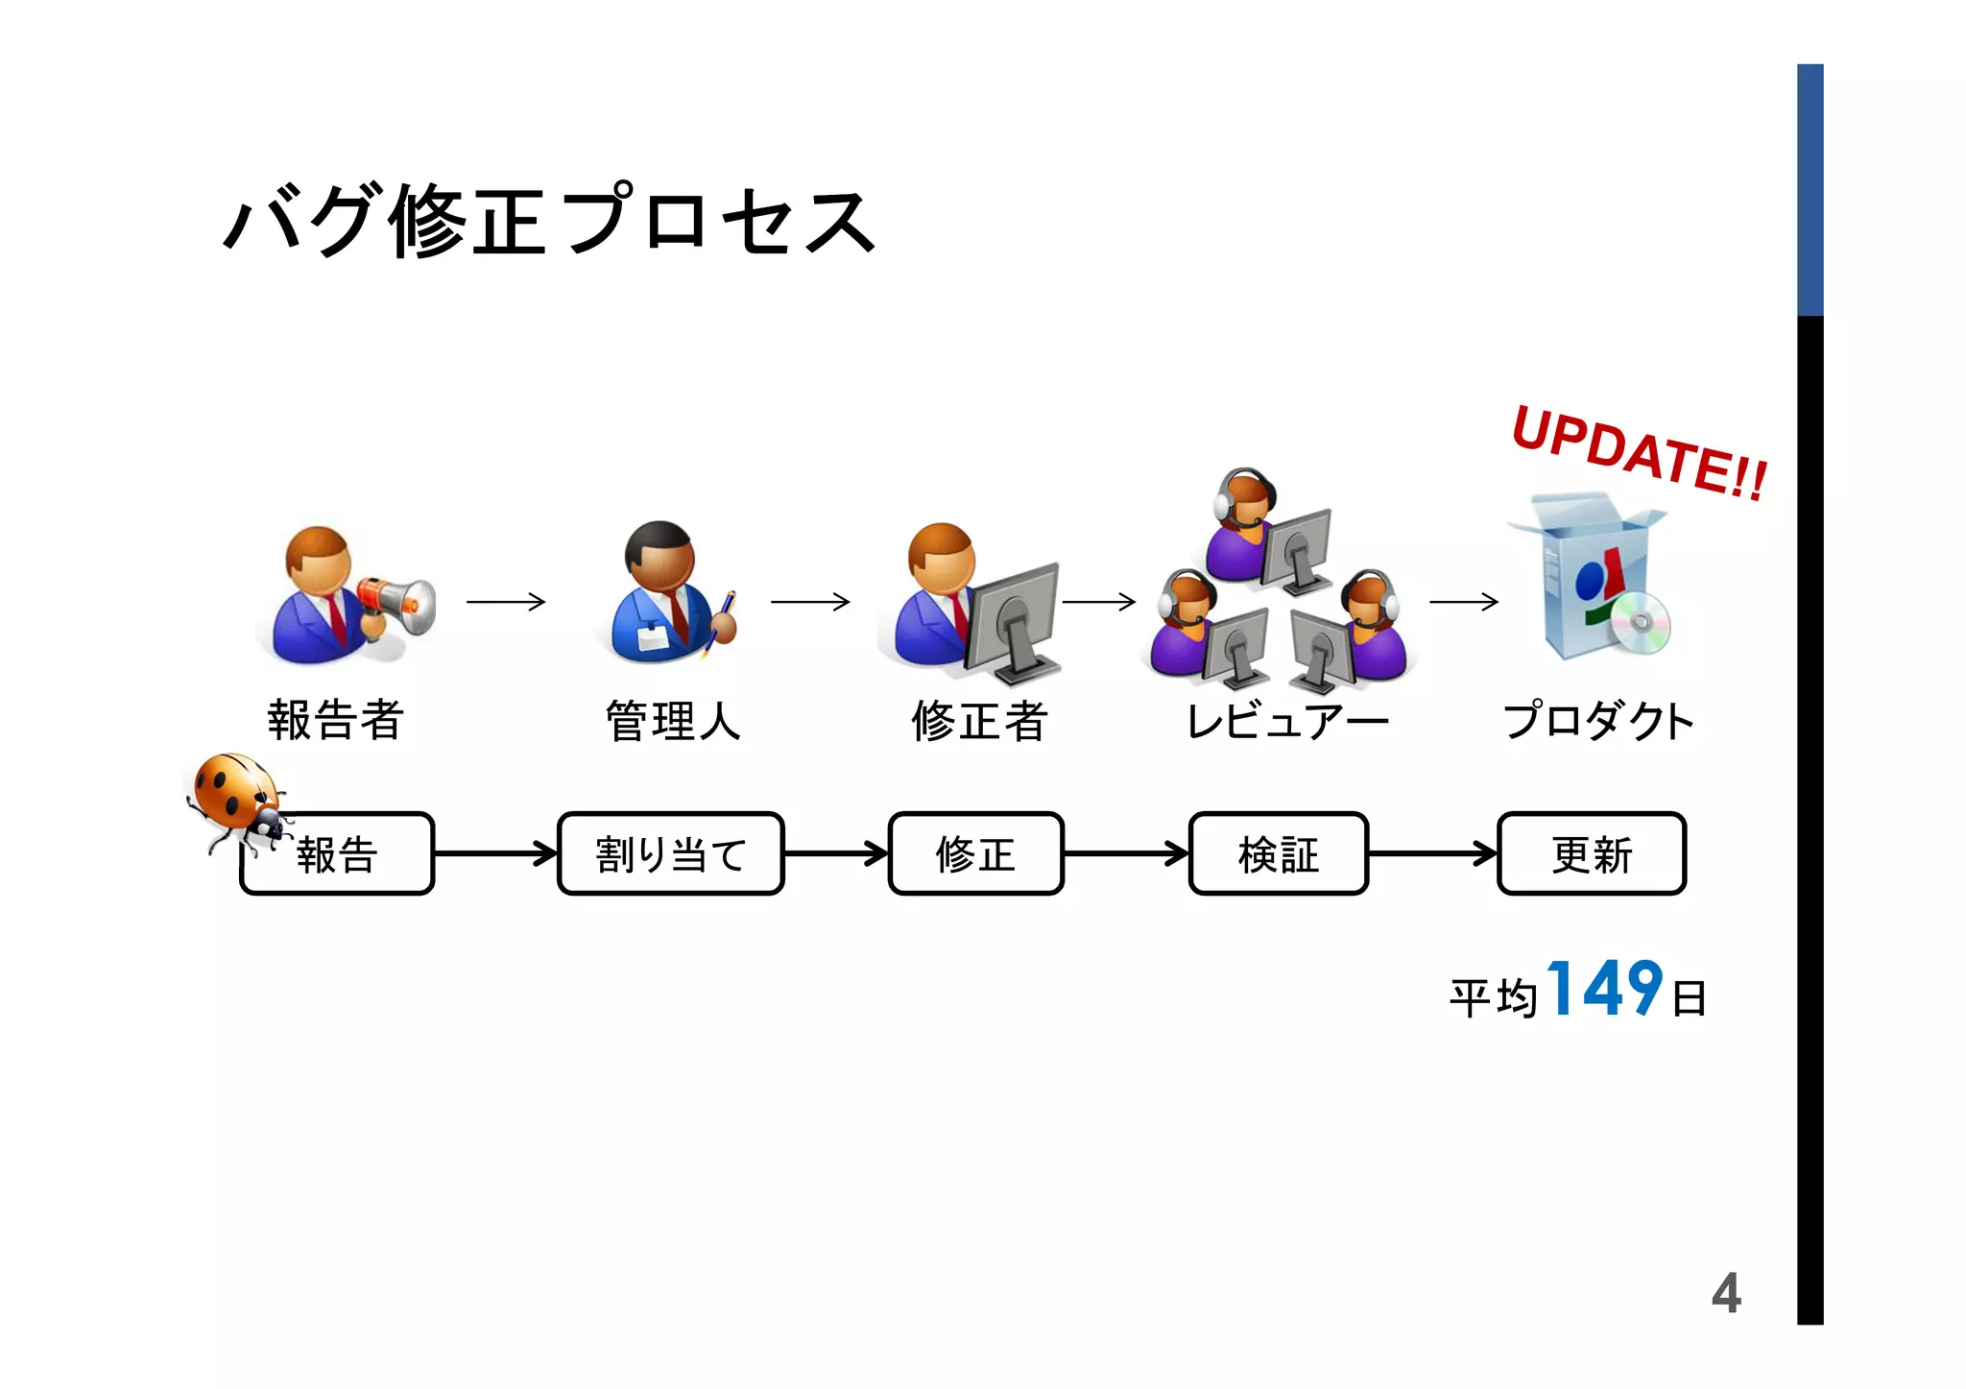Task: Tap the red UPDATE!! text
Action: point(1639,453)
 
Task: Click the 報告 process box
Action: point(338,854)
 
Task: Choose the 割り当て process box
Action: point(670,854)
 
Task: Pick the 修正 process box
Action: point(975,854)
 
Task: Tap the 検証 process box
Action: point(1278,854)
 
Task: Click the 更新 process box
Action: point(1591,854)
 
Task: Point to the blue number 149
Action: point(1604,989)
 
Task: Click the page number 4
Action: point(1725,1293)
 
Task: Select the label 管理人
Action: point(672,721)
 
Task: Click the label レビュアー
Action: point(1286,721)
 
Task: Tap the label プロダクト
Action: point(1597,721)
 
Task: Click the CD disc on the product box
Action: point(1640,623)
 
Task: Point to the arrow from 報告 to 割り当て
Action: point(495,853)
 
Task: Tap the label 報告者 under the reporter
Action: point(335,720)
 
